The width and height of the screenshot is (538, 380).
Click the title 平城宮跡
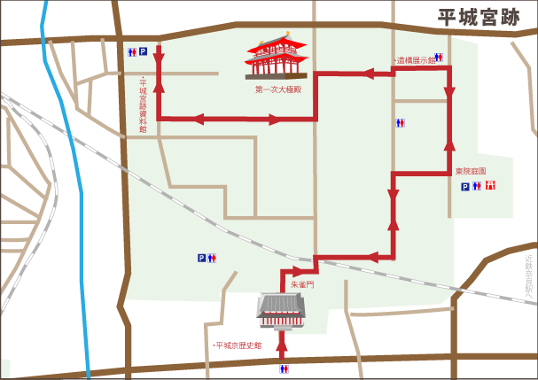(481, 18)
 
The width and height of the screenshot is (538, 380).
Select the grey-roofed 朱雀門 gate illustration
(283, 308)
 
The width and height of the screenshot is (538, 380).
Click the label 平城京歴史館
(238, 345)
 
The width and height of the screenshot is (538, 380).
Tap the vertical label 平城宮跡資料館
(143, 105)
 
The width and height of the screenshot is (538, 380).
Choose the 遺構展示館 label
(413, 60)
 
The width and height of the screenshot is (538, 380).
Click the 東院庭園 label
(472, 171)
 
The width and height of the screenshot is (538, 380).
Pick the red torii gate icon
(490, 186)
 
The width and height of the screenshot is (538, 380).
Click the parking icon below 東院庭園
(464, 186)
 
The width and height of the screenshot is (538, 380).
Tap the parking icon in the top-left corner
(142, 52)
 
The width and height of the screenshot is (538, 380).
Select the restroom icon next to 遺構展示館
(438, 58)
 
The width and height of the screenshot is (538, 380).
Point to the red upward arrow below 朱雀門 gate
(283, 345)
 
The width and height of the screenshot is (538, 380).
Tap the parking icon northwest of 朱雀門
(202, 258)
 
